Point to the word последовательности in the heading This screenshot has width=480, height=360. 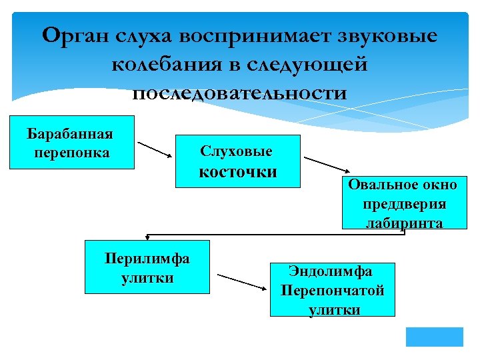click(x=240, y=93)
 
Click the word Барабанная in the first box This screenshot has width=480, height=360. click(x=70, y=133)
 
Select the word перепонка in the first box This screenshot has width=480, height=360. click(x=70, y=152)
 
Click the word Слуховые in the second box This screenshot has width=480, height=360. click(x=236, y=152)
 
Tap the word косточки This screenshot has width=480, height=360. click(x=238, y=172)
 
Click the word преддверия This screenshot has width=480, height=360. click(x=405, y=204)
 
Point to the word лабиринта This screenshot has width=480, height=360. click(x=405, y=223)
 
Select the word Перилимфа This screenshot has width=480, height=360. click(x=147, y=259)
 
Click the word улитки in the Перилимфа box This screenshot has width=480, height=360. click(x=147, y=278)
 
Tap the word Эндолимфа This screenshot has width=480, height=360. click(x=331, y=272)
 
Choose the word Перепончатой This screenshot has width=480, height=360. click(x=332, y=291)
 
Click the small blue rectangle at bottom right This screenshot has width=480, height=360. click(x=434, y=336)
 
